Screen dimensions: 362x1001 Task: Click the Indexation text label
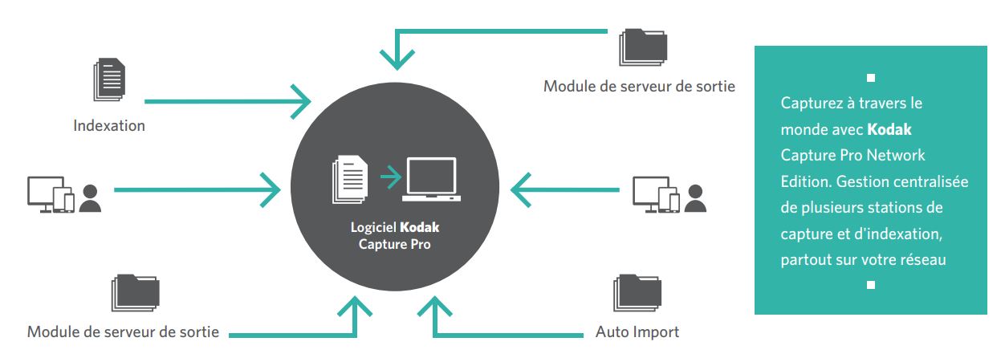pyautogui.click(x=109, y=126)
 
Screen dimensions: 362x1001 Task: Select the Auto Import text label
pyautogui.click(x=637, y=331)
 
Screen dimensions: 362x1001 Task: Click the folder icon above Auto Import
pyautogui.click(x=637, y=293)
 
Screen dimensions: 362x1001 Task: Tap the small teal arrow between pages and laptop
pyautogui.click(x=389, y=175)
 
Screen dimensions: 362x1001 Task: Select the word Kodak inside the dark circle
pyautogui.click(x=420, y=227)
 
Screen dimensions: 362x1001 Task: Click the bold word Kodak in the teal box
pyautogui.click(x=889, y=129)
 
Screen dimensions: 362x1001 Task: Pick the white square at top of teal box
pyautogui.click(x=871, y=78)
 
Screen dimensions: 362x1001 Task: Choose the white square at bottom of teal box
pyautogui.click(x=871, y=285)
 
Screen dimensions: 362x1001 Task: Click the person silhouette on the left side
pyautogui.click(x=91, y=197)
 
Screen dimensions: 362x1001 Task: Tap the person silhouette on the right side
pyautogui.click(x=695, y=197)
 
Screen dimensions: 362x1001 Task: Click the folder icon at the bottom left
pyautogui.click(x=136, y=293)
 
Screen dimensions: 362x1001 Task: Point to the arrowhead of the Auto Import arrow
pyautogui.click(x=434, y=307)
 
